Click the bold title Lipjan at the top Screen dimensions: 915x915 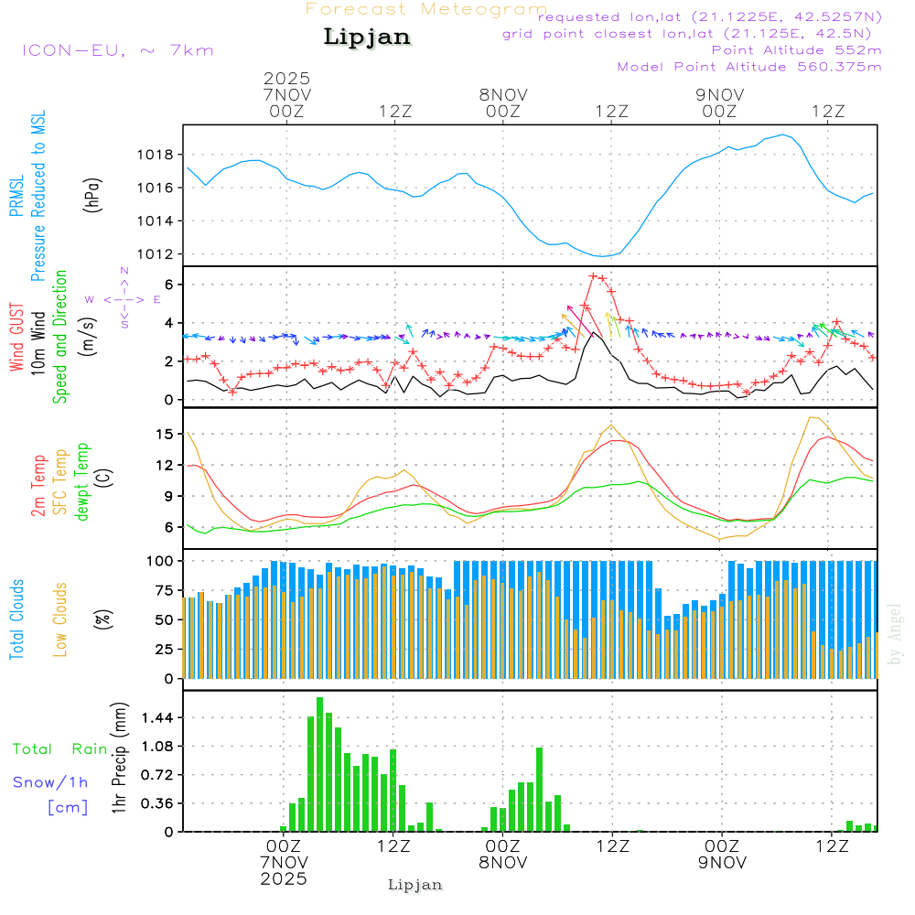(x=367, y=37)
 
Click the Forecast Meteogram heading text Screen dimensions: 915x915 (x=426, y=9)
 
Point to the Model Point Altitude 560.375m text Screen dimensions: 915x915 (x=749, y=67)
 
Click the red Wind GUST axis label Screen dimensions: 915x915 (x=16, y=339)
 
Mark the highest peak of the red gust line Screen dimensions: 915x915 (x=593, y=275)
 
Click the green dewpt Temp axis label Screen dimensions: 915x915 (x=82, y=482)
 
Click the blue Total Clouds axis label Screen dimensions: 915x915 (x=16, y=619)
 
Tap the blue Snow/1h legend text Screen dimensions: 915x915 (x=50, y=782)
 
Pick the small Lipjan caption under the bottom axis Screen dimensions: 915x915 (x=415, y=885)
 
